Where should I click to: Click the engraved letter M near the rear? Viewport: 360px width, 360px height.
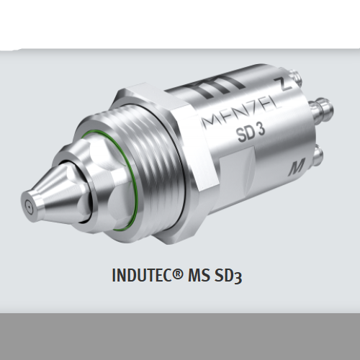[x=295, y=169]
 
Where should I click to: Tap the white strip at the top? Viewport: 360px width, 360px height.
[x=180, y=22]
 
